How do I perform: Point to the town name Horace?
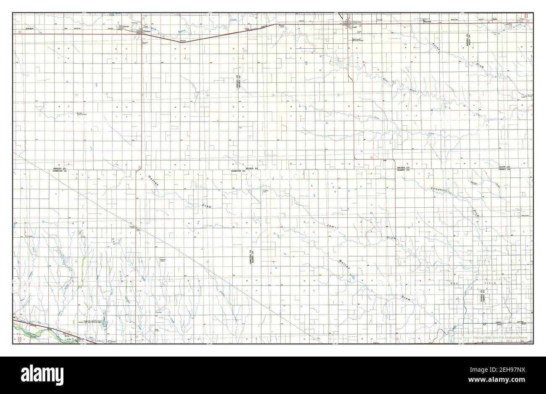pyautogui.click(x=126, y=26)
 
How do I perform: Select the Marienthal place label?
pyautogui.click(x=427, y=22)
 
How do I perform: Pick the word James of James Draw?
pyautogui.click(x=331, y=227)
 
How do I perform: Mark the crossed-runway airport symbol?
pyautogui.click(x=80, y=232)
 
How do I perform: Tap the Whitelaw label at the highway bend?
pyautogui.click(x=183, y=40)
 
